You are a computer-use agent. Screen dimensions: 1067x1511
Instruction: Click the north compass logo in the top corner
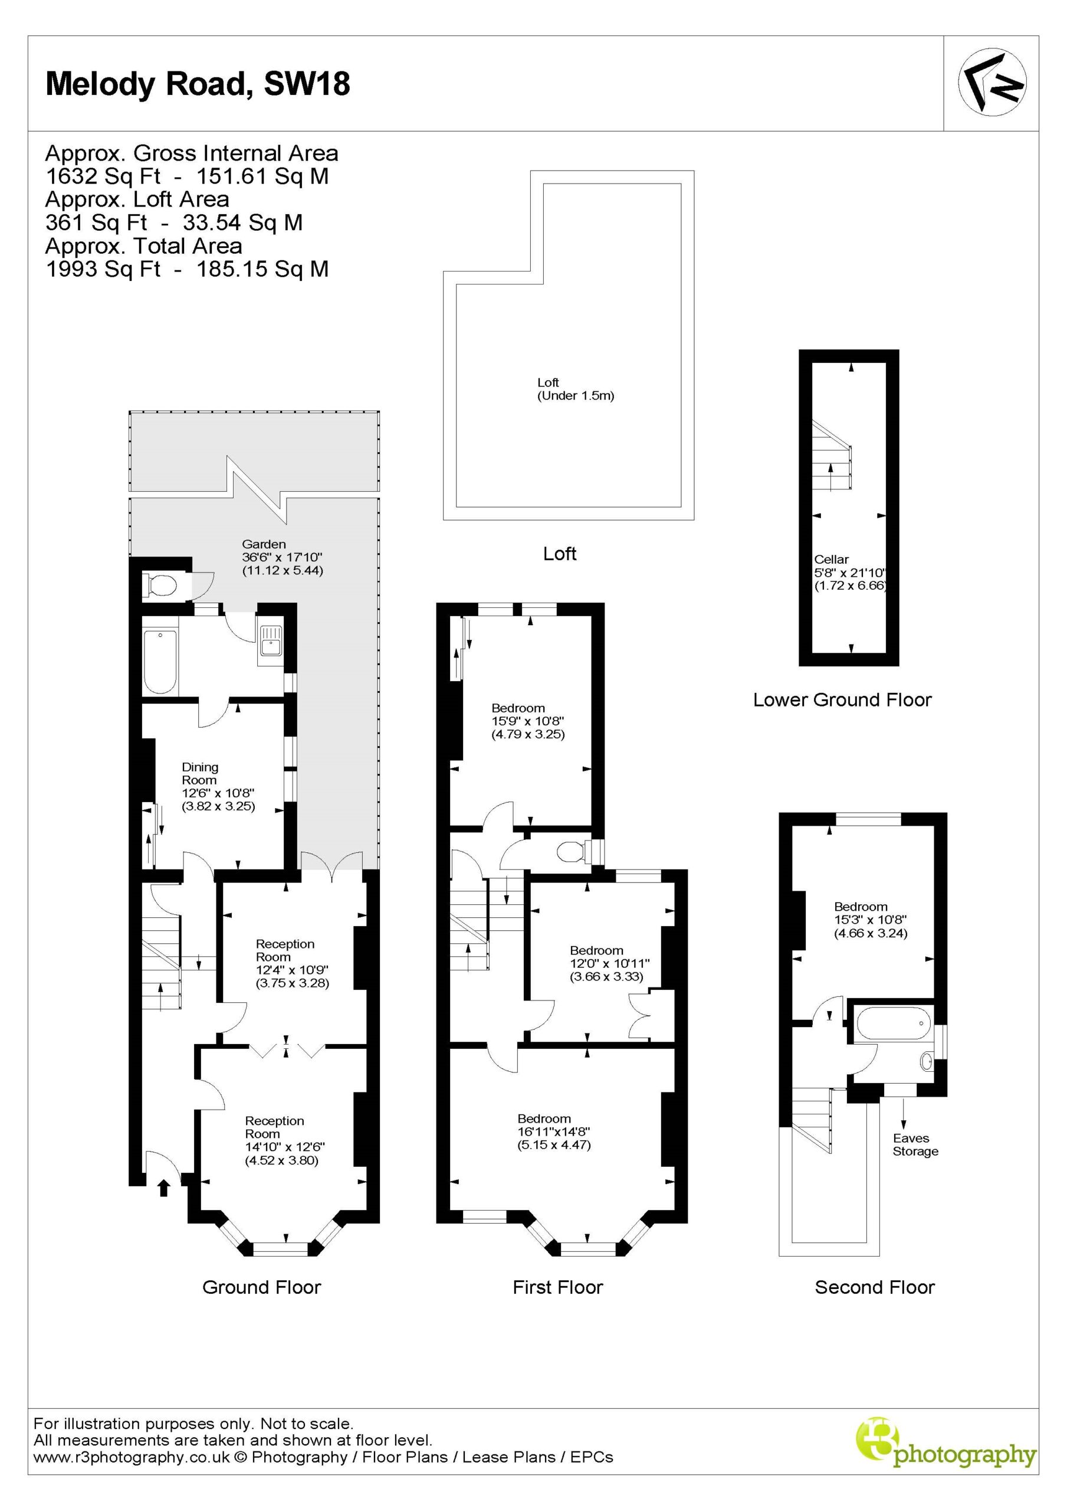click(992, 83)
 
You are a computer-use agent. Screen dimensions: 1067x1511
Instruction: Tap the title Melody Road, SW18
click(198, 84)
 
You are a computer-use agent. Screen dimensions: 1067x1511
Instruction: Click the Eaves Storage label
click(915, 1144)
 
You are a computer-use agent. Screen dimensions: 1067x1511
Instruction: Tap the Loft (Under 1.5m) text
click(576, 389)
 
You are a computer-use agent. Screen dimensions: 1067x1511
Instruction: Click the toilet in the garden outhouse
click(160, 584)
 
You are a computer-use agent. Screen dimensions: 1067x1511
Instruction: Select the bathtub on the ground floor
click(160, 662)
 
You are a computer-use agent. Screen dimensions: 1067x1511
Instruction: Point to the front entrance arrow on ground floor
click(164, 1188)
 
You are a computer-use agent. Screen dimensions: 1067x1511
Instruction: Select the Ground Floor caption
click(261, 1287)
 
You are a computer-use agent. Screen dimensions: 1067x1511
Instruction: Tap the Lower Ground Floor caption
click(842, 699)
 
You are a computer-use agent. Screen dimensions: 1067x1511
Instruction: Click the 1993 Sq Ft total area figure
click(103, 269)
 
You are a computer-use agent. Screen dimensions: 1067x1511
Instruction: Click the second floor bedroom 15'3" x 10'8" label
click(871, 920)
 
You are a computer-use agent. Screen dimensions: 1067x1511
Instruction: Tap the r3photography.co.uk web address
click(132, 1457)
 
